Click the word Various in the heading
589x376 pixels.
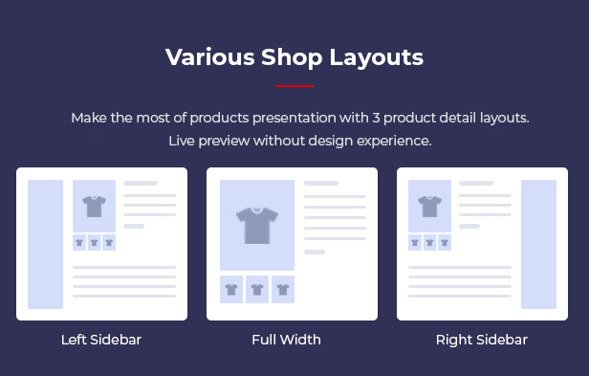pyautogui.click(x=210, y=57)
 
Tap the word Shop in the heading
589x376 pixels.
pyautogui.click(x=292, y=58)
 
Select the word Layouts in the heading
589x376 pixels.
pyautogui.click(x=377, y=58)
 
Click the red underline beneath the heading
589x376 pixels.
pyautogui.click(x=294, y=86)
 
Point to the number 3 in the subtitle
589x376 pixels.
pyautogui.click(x=376, y=118)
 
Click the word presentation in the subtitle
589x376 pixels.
pyautogui.click(x=294, y=119)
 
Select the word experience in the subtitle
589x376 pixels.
pyautogui.click(x=394, y=142)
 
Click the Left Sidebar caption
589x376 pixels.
pyautogui.click(x=101, y=340)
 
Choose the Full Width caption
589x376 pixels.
pyautogui.click(x=287, y=340)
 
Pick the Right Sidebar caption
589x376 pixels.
pyautogui.click(x=482, y=341)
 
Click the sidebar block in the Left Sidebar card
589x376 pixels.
pyautogui.click(x=46, y=244)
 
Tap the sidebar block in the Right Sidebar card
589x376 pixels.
pyautogui.click(x=538, y=244)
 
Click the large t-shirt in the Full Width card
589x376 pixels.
pyautogui.click(x=257, y=226)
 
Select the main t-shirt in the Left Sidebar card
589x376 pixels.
pyautogui.click(x=95, y=206)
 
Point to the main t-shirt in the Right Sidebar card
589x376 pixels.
pyautogui.click(x=429, y=206)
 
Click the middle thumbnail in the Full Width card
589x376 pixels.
pyautogui.click(x=257, y=289)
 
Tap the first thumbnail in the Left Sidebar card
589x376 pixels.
pyautogui.click(x=79, y=242)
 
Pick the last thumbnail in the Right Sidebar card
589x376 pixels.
pyautogui.click(x=445, y=242)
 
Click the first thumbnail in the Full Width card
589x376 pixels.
pyautogui.click(x=231, y=289)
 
